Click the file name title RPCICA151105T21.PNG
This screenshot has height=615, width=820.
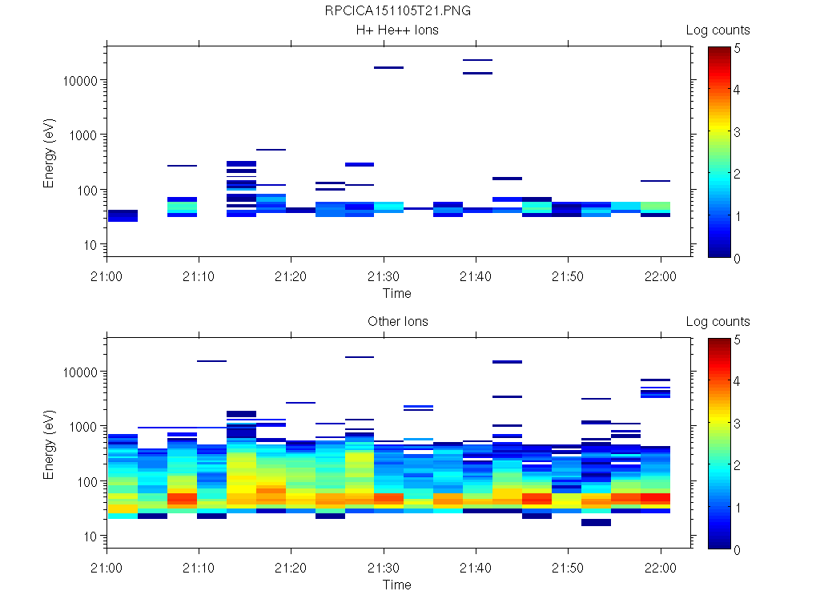click(397, 11)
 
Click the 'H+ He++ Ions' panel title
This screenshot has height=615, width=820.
click(397, 30)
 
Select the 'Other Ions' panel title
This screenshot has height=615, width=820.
click(397, 322)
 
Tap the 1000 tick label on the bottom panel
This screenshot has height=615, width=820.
click(84, 427)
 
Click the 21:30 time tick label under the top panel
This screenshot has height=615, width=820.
click(384, 277)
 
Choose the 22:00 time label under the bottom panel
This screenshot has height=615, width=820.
click(660, 569)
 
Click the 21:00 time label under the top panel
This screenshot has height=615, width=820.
click(107, 277)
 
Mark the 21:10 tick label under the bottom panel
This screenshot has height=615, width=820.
click(199, 569)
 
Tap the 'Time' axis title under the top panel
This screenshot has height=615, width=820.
click(397, 293)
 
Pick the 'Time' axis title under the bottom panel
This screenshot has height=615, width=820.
click(397, 585)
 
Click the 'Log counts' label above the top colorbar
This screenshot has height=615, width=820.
click(717, 30)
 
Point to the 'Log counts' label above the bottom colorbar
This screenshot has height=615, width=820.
click(717, 322)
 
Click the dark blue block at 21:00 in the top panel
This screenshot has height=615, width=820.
click(123, 215)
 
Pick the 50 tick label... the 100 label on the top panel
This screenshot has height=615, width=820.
click(84, 190)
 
